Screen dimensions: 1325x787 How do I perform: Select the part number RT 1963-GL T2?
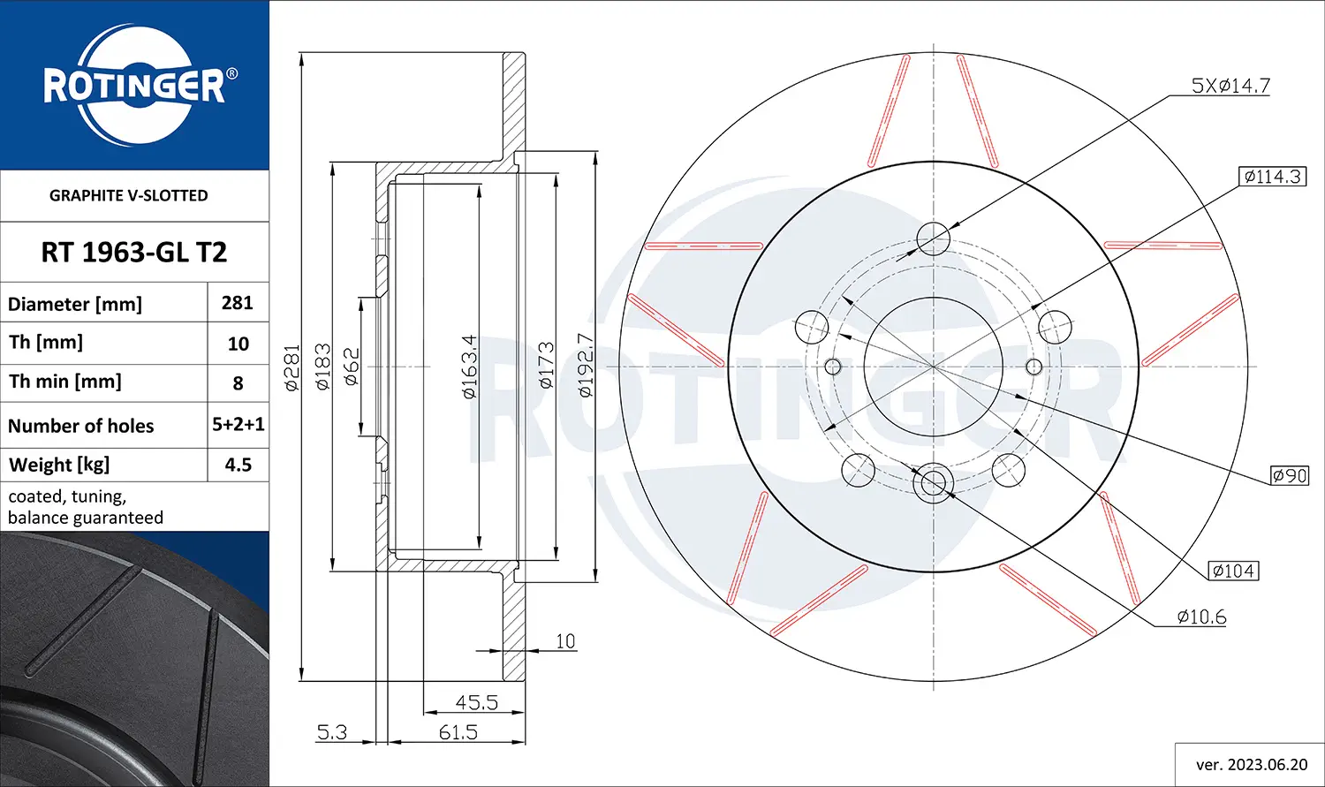pyautogui.click(x=134, y=253)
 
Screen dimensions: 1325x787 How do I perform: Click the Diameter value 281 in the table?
pyautogui.click(x=238, y=303)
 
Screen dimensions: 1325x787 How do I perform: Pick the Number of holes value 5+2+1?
pyautogui.click(x=238, y=424)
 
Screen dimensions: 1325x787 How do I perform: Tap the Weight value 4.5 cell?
pyautogui.click(x=238, y=465)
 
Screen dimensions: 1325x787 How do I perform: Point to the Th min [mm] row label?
pyautogui.click(x=65, y=382)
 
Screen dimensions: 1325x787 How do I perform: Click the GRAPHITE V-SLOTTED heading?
pyautogui.click(x=128, y=196)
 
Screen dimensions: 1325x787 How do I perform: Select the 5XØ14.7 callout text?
pyautogui.click(x=1230, y=86)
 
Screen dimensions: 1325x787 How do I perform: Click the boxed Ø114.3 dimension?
pyautogui.click(x=1272, y=176)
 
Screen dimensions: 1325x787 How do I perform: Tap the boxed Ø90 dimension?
pyautogui.click(x=1290, y=475)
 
